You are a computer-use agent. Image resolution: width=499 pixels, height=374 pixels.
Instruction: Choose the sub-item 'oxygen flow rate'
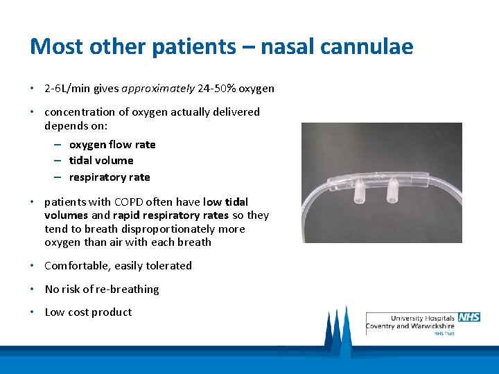click(112, 145)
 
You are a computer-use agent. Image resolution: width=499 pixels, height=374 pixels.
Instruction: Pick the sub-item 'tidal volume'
click(101, 161)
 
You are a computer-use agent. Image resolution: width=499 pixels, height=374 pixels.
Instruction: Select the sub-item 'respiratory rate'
click(110, 177)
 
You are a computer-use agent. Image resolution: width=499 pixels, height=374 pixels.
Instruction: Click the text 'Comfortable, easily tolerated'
click(118, 266)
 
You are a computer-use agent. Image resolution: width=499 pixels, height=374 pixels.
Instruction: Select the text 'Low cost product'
click(88, 312)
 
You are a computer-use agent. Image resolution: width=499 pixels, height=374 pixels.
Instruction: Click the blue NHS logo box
click(469, 317)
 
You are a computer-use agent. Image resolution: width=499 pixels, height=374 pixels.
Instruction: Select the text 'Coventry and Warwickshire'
click(412, 326)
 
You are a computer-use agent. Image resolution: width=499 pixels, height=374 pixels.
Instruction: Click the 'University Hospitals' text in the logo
click(422, 318)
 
